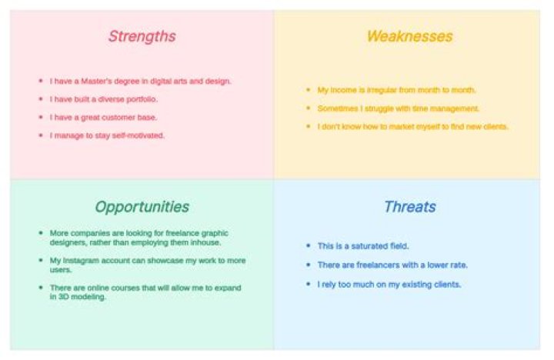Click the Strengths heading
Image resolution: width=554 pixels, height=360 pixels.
(x=142, y=37)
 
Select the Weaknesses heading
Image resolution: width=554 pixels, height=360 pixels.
(x=409, y=36)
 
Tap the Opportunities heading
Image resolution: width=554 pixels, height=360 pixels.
(x=142, y=208)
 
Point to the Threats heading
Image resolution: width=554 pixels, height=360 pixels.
(x=410, y=207)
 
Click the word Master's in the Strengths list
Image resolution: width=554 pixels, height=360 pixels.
(x=96, y=82)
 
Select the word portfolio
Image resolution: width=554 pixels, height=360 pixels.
(x=142, y=100)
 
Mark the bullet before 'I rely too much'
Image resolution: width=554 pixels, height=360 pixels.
(x=309, y=284)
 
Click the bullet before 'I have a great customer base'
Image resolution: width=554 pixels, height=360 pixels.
(x=41, y=117)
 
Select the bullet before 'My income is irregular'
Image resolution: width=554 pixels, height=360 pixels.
(x=309, y=90)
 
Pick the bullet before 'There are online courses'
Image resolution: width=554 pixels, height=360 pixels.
(x=41, y=287)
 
